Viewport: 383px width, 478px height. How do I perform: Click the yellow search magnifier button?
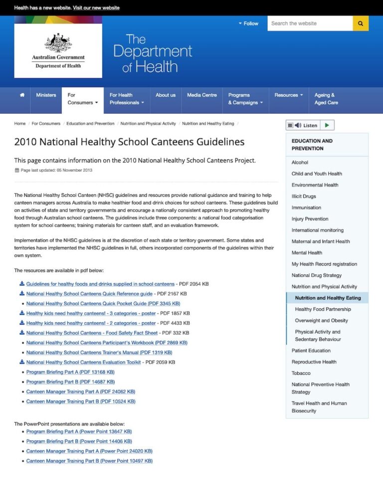click(x=361, y=23)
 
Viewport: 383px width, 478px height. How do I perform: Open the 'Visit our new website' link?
click(x=96, y=8)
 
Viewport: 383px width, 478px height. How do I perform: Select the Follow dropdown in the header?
click(x=248, y=23)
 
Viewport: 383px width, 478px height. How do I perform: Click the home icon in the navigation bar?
click(x=22, y=95)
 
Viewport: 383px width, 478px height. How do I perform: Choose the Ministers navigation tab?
click(x=46, y=95)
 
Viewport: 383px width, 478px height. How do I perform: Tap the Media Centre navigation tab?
click(x=202, y=95)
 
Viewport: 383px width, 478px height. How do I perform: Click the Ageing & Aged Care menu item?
click(x=326, y=99)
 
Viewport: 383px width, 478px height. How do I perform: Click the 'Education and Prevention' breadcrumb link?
click(x=90, y=123)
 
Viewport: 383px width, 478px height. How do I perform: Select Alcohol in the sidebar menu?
click(x=300, y=162)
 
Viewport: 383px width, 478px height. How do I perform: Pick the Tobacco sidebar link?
click(x=301, y=373)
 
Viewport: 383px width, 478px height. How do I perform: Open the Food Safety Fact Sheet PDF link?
click(x=92, y=333)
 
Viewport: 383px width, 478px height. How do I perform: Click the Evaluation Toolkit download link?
click(x=83, y=362)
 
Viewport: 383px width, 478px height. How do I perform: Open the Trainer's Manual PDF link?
click(x=99, y=353)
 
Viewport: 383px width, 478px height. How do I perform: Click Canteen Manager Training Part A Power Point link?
click(x=89, y=451)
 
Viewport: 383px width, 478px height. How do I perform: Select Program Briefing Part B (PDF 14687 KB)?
click(x=70, y=382)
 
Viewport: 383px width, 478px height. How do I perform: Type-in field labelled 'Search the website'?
click(x=309, y=23)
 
